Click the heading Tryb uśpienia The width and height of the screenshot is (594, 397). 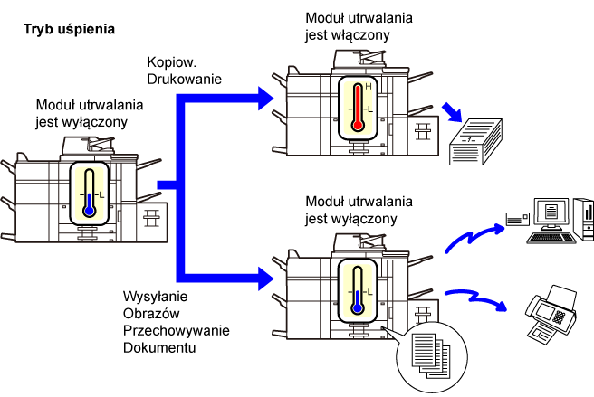[x=69, y=30]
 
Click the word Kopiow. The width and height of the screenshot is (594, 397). [x=171, y=62]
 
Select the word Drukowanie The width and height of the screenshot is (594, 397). [x=184, y=79]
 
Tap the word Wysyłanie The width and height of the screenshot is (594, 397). [x=156, y=296]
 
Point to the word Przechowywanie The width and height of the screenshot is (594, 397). [x=177, y=330]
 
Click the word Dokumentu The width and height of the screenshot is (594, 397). [x=159, y=347]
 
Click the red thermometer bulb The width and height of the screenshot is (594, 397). [x=358, y=125]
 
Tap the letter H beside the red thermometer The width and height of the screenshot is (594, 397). [x=369, y=87]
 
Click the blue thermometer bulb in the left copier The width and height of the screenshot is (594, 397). [x=89, y=211]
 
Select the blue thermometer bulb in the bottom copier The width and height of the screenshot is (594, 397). [x=358, y=307]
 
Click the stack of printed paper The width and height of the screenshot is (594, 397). [x=475, y=142]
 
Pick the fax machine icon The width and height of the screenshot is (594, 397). [x=551, y=315]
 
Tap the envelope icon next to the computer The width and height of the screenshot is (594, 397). [x=518, y=219]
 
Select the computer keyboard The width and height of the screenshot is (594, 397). [x=551, y=238]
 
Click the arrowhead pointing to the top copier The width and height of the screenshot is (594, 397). [x=265, y=99]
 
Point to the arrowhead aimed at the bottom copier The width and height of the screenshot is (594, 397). [x=265, y=279]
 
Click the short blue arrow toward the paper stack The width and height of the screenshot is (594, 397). [x=453, y=112]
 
